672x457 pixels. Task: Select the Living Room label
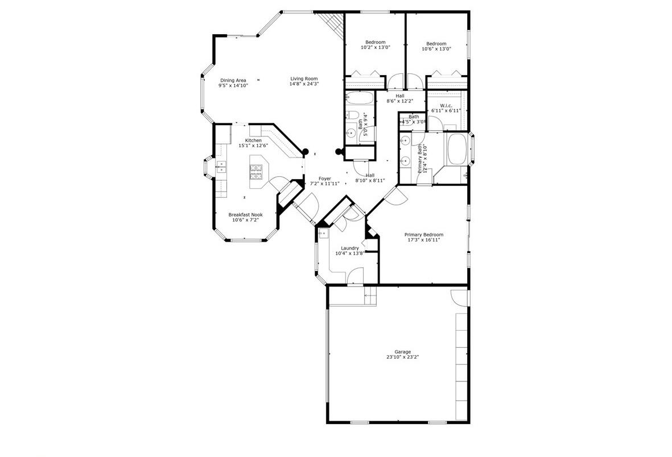[304, 79]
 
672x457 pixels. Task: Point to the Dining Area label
[233, 80]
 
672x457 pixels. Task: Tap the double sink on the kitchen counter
[221, 166]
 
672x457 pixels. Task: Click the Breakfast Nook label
[245, 215]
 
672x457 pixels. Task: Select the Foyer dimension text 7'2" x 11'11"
[324, 184]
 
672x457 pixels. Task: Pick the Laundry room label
[349, 248]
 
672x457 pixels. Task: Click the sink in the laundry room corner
[324, 233]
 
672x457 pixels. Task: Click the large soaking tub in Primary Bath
[456, 149]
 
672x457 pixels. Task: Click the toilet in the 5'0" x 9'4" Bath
[353, 117]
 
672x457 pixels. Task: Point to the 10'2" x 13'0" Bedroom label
[376, 43]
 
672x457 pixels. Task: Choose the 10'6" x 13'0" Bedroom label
[436, 44]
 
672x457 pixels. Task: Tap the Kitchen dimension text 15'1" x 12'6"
[253, 146]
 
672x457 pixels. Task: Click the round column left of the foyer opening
[305, 152]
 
